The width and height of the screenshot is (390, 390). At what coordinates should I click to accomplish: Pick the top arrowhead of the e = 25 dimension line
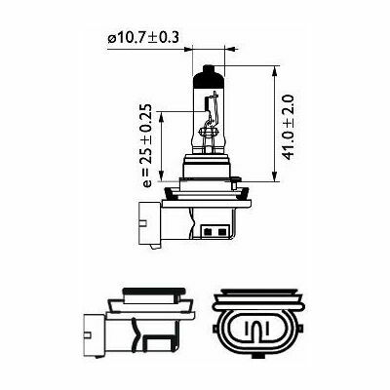(x=163, y=113)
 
